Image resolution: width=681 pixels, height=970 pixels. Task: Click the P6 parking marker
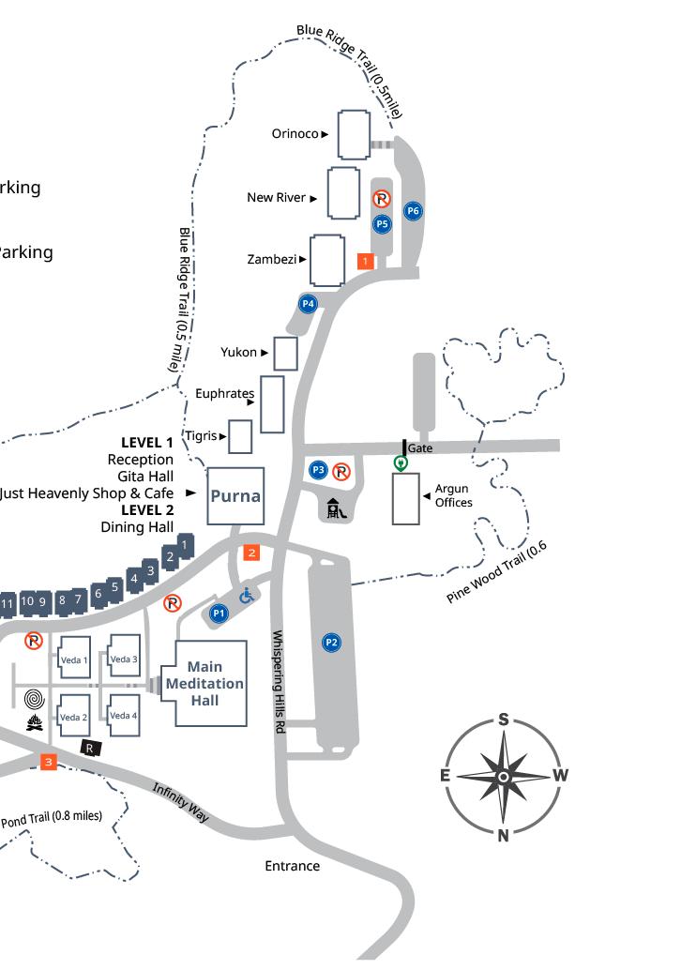(x=413, y=211)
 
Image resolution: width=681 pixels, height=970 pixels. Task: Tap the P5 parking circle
(x=382, y=224)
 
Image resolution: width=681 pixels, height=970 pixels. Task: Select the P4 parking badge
(x=308, y=303)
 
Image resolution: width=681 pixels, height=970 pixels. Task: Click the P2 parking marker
(x=331, y=643)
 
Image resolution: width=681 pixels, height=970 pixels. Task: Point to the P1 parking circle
(x=219, y=614)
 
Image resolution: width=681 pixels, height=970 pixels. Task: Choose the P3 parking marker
(x=319, y=469)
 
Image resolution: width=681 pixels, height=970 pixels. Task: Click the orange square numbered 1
(x=366, y=261)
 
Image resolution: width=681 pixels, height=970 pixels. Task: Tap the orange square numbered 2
(x=251, y=553)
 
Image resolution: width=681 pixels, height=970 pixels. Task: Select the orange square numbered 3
(x=49, y=762)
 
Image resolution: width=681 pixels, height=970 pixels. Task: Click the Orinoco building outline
(x=354, y=134)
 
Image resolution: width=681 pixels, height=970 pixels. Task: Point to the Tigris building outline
(x=241, y=436)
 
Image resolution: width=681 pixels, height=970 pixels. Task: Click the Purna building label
(x=235, y=496)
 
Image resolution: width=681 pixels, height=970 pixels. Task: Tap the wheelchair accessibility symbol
(x=247, y=596)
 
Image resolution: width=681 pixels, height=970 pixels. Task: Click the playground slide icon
(x=338, y=508)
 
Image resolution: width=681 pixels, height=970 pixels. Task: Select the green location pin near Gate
(x=401, y=462)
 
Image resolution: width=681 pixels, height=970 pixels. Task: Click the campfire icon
(x=35, y=722)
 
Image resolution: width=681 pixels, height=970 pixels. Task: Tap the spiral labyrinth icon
(x=35, y=699)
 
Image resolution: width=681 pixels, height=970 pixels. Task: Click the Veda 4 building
(x=123, y=716)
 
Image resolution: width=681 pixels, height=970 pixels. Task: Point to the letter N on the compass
(x=503, y=837)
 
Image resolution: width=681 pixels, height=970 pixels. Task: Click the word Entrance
(x=292, y=866)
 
